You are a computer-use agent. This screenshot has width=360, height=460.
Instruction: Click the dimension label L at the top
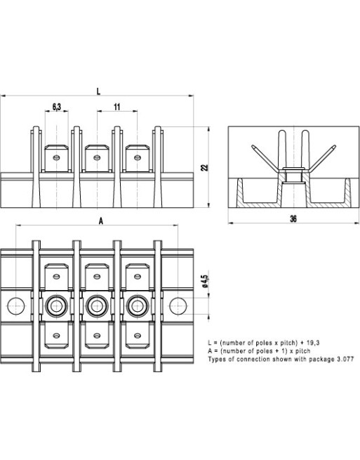tap(98, 91)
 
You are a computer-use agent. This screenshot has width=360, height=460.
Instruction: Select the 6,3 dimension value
tap(57, 107)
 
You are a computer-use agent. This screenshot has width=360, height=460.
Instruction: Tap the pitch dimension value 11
tap(116, 107)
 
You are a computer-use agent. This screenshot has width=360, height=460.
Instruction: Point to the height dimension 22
tap(204, 167)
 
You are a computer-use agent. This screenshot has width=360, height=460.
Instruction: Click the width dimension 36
tap(293, 219)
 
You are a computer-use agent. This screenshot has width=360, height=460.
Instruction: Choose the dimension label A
tap(101, 221)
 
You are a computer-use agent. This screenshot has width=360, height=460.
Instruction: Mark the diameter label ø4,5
tap(204, 281)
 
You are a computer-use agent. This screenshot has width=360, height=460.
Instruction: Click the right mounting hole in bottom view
tap(179, 305)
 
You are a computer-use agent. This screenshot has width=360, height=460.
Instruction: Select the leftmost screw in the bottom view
tap(56, 306)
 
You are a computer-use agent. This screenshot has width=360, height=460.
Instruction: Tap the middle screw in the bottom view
tap(96, 306)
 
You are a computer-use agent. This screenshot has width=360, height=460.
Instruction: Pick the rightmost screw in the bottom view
tap(136, 306)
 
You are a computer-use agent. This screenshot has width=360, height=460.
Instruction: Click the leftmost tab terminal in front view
tap(56, 159)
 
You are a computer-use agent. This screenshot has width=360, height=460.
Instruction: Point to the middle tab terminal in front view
tap(96, 159)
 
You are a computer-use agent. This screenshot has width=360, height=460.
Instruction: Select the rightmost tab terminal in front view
tap(136, 159)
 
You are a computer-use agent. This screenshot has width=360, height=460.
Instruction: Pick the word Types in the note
tap(217, 358)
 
